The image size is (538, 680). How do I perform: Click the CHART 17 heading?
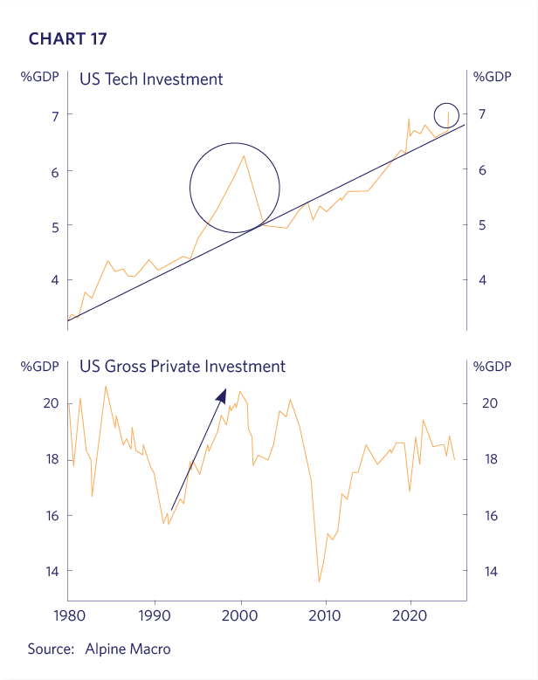click(68, 38)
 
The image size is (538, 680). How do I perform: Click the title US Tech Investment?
click(151, 79)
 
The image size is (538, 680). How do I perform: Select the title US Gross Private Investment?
click(182, 367)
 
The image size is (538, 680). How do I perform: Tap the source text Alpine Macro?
click(128, 649)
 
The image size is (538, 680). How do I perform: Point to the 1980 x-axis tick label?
click(68, 615)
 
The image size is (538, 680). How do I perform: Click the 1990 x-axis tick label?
click(155, 615)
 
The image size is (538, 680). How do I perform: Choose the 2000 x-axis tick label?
click(240, 615)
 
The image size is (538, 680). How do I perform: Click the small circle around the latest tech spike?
click(446, 114)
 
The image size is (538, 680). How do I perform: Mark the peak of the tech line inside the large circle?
click(244, 156)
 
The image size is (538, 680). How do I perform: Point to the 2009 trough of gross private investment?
click(319, 581)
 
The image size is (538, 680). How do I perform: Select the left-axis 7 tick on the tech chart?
click(53, 115)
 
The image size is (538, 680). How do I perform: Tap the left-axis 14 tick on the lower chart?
click(52, 571)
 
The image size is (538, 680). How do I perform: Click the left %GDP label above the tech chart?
click(40, 76)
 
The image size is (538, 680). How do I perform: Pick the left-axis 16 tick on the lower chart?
click(52, 515)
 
